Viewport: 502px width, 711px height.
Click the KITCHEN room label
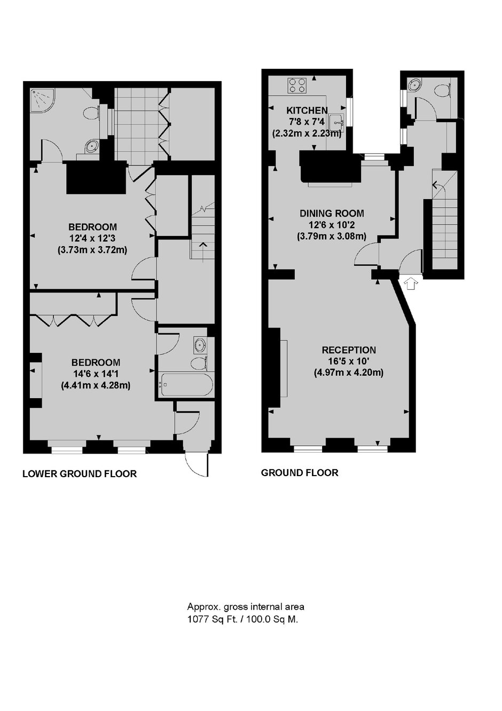307,110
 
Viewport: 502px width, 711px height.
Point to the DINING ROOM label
332,214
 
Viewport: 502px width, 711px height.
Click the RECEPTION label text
349,350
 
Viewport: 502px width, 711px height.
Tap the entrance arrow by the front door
410,282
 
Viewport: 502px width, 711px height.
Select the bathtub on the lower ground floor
187,385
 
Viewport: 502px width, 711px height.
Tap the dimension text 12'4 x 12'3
92,239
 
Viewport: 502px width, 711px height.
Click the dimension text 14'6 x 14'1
96,374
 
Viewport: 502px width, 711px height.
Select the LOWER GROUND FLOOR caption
80,474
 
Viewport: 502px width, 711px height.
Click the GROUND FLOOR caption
300,473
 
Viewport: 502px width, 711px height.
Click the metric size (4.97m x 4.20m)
349,373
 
